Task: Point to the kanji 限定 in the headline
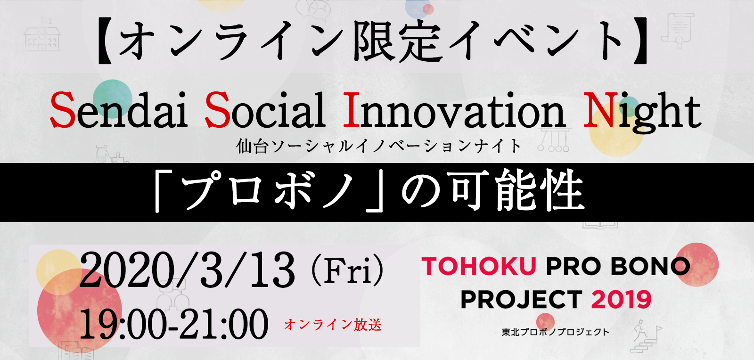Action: click(x=398, y=41)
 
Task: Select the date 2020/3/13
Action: click(x=187, y=271)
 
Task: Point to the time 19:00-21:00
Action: click(x=174, y=324)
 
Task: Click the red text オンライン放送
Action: click(x=333, y=325)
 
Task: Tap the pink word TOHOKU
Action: click(x=479, y=266)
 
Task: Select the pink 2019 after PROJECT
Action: click(x=621, y=299)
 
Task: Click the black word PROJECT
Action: click(x=521, y=299)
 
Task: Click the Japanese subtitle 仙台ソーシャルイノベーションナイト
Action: click(x=379, y=147)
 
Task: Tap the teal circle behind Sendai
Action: click(x=113, y=98)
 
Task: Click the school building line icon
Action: click(x=42, y=35)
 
